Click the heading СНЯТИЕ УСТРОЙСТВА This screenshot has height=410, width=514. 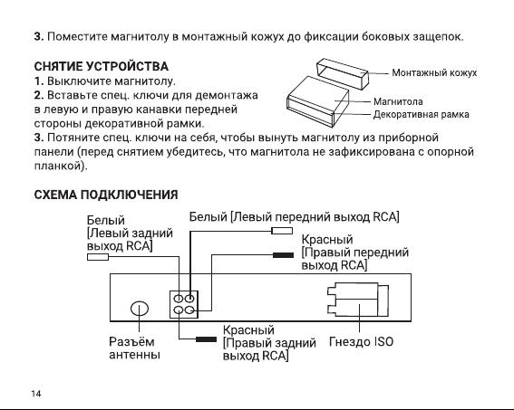click(101, 66)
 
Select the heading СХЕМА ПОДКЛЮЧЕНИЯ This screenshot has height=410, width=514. click(106, 195)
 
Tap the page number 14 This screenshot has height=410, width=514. click(36, 394)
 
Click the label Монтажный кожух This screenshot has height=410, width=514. click(434, 72)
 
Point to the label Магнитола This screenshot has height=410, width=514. click(398, 101)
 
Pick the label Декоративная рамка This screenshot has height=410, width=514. click(421, 114)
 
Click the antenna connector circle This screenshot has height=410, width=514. click(140, 309)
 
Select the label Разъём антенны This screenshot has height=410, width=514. click(135, 348)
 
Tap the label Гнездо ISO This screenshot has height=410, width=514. click(361, 341)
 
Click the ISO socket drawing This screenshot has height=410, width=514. click(358, 300)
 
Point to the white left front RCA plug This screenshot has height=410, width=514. click(282, 231)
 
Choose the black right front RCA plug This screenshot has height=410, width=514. click(283, 255)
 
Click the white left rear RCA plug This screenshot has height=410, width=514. click(98, 257)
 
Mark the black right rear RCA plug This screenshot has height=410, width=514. click(206, 339)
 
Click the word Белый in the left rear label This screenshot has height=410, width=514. click(105, 220)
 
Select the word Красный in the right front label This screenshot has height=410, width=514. click(327, 240)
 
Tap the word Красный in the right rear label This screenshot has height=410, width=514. click(248, 329)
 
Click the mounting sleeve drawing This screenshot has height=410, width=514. click(343, 73)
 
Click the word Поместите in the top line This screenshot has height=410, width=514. click(77, 36)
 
